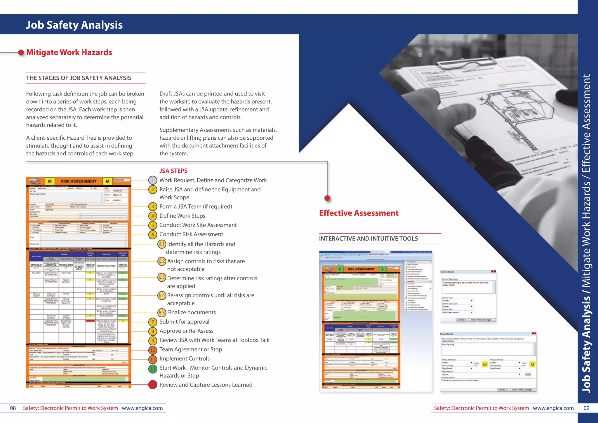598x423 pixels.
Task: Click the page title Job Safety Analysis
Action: (x=74, y=25)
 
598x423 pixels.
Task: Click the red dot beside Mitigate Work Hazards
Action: (x=21, y=53)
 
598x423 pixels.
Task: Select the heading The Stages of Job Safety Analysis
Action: (x=79, y=78)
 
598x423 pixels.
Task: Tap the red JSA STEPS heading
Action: (x=173, y=171)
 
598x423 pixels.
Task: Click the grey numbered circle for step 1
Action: (x=152, y=180)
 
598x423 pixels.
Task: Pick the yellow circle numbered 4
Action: (x=152, y=216)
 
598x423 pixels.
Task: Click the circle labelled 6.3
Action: (x=162, y=277)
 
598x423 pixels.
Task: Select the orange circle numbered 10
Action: (x=153, y=350)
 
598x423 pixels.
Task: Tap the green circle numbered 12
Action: (x=153, y=369)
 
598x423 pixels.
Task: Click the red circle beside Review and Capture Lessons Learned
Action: (x=153, y=385)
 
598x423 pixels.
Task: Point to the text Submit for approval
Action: (x=184, y=322)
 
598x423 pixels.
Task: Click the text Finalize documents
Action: (x=191, y=312)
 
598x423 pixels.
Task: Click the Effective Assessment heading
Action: (x=359, y=213)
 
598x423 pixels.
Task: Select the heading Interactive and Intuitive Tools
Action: (x=368, y=239)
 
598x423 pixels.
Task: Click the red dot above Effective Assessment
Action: (x=327, y=198)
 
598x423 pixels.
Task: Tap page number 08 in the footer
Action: (x=13, y=408)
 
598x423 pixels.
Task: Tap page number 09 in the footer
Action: (x=586, y=408)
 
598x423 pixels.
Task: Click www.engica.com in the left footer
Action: (x=142, y=408)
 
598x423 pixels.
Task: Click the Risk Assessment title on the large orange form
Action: (x=79, y=181)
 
